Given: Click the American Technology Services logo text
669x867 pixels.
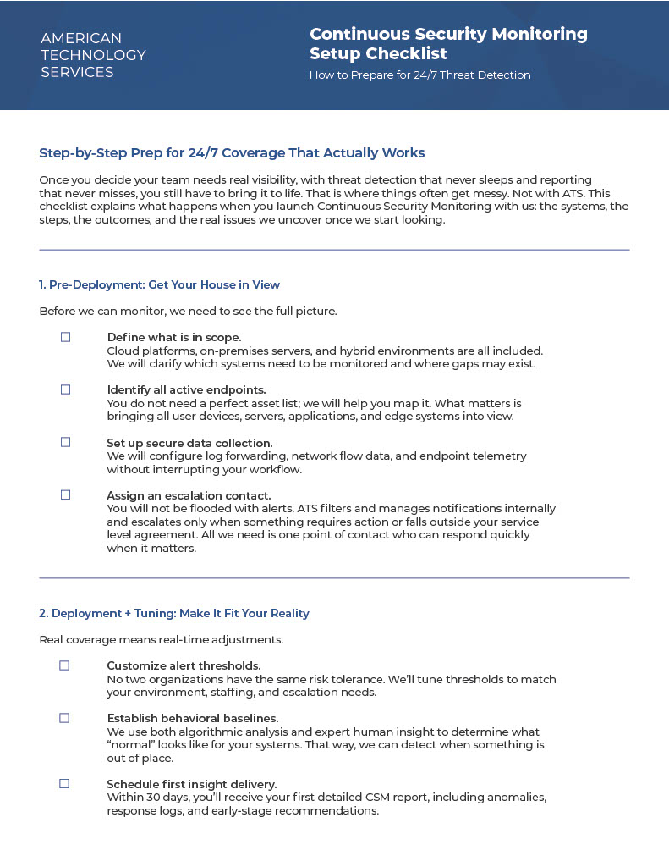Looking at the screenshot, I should tap(93, 55).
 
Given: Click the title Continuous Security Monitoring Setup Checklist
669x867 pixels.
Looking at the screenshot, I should tap(448, 44).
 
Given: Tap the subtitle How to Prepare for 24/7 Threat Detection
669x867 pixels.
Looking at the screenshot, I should tap(419, 75).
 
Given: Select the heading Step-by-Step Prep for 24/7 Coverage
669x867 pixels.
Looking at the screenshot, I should tap(232, 153).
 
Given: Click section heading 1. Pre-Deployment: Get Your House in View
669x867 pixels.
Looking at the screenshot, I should tap(159, 284).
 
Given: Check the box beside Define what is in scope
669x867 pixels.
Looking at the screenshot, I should tap(65, 337).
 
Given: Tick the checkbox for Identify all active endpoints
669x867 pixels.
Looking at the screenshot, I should tap(65, 389).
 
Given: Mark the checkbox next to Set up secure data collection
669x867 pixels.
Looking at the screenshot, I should tap(65, 442).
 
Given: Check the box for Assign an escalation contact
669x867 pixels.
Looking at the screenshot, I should tap(65, 494).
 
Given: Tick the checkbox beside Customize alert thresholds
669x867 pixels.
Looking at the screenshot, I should tap(64, 665).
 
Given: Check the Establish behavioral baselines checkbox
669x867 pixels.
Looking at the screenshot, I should tap(64, 718).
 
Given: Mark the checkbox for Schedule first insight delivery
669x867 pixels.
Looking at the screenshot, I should tap(64, 784).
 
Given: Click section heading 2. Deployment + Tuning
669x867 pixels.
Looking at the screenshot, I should tap(174, 613).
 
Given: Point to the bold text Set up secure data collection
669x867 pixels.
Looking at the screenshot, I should tap(189, 443).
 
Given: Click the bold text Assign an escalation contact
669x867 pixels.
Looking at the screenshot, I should tap(189, 495).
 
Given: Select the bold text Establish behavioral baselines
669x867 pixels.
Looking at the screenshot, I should tap(192, 719).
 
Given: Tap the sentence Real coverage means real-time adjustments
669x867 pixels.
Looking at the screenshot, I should tap(162, 639).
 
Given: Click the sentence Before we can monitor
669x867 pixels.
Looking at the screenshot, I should tap(188, 311).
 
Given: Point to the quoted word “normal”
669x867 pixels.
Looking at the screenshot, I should tap(129, 745).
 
